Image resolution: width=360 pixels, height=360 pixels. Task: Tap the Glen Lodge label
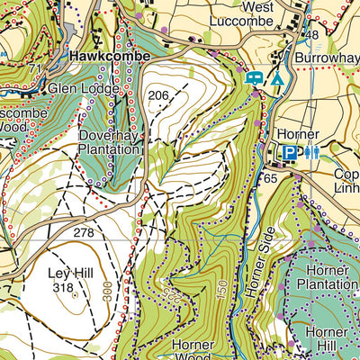click(x=83, y=89)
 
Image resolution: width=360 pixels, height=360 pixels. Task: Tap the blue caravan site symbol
click(x=255, y=79)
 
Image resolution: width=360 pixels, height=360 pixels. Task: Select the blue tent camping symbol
click(x=278, y=79)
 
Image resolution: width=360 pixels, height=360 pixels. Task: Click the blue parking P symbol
click(x=289, y=153)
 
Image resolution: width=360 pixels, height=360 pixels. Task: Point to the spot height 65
click(x=270, y=179)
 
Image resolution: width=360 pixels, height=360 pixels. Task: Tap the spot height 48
click(x=312, y=35)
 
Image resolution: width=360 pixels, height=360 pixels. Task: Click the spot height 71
click(x=35, y=68)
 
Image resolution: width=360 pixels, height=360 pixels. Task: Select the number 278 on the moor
click(x=84, y=233)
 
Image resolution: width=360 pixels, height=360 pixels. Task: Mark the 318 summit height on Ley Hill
click(x=63, y=288)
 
